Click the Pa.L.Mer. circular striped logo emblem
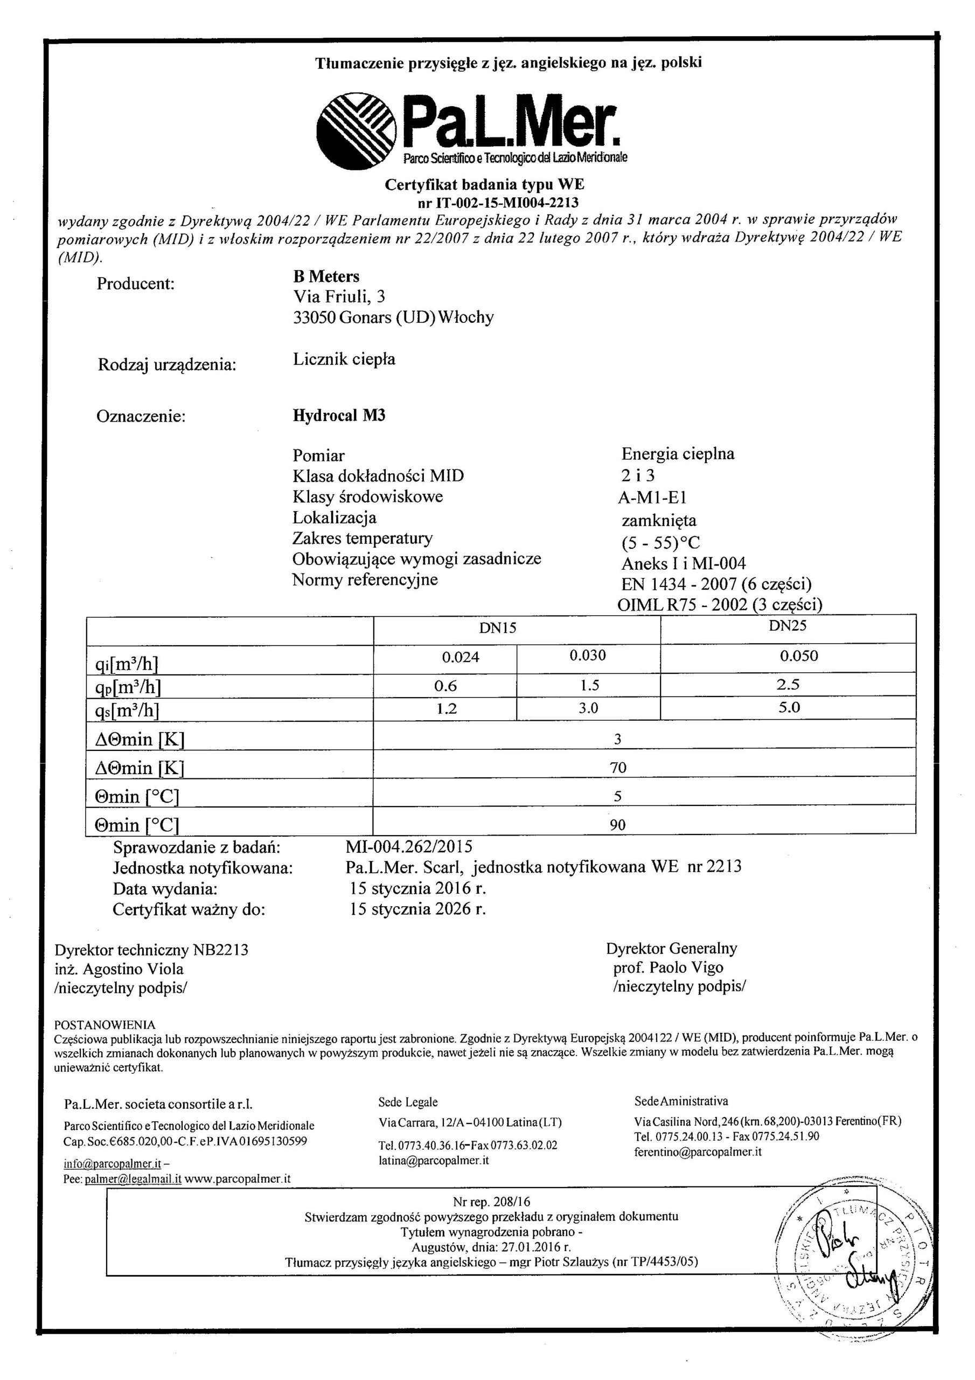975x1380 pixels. point(357,132)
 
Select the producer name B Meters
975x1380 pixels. point(326,277)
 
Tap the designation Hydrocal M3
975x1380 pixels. point(339,415)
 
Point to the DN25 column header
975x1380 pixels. point(788,626)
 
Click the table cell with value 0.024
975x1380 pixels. point(461,657)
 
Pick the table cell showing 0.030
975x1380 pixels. point(588,655)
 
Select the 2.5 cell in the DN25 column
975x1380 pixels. point(788,685)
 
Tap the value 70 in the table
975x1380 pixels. point(617,768)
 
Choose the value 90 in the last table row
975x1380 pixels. point(617,825)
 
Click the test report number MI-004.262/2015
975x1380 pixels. point(409,847)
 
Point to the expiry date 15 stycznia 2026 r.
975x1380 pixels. point(418,909)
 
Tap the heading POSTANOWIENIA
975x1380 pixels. point(105,1024)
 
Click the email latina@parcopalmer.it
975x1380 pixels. point(434,1161)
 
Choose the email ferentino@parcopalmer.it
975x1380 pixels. point(698,1151)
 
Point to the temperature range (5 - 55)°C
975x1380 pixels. point(661,543)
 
